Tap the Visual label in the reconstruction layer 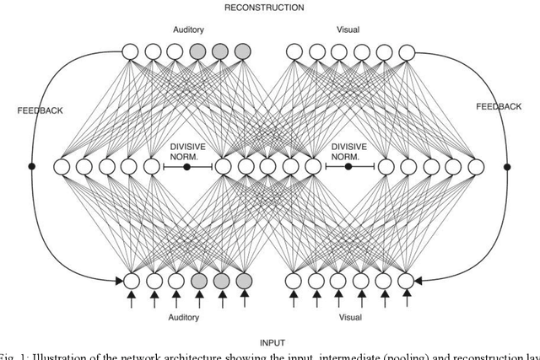tap(347, 30)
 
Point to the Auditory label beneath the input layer tap(186, 318)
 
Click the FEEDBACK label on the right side tap(499, 107)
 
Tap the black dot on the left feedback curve tap(32, 167)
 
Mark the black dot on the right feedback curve tap(507, 167)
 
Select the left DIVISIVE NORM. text tap(186, 150)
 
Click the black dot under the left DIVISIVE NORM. tap(186, 167)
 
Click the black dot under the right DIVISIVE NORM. tap(348, 167)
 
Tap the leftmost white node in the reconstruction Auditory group tap(131, 52)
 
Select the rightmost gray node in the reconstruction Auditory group tap(243, 52)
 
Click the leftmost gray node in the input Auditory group tap(198, 279)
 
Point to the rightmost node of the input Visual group tap(405, 279)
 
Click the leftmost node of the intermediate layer tap(62, 167)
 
